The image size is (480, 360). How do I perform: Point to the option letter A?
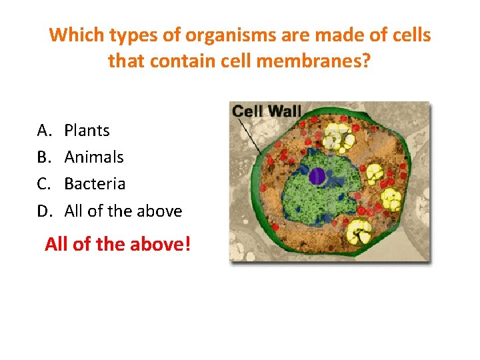point(43,131)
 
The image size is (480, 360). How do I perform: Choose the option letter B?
point(43,157)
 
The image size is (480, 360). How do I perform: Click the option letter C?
point(43,184)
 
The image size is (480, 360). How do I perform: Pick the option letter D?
point(43,211)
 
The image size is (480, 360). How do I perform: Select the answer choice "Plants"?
point(87,131)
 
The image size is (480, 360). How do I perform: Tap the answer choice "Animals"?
point(94,157)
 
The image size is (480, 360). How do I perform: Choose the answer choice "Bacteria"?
point(95,184)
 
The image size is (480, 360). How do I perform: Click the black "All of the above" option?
point(123,211)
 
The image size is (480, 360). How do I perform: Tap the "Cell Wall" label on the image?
point(267,111)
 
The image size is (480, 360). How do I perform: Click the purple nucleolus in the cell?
point(317,176)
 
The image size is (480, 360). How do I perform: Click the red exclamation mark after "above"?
point(187,244)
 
